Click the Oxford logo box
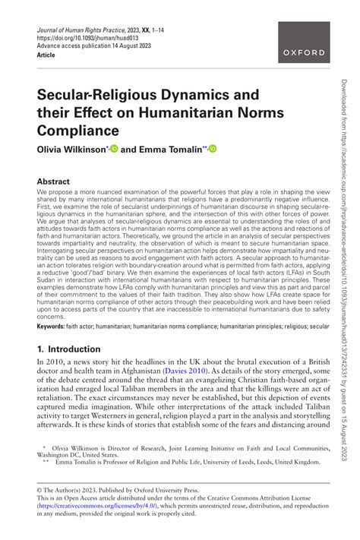pos(303,52)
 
